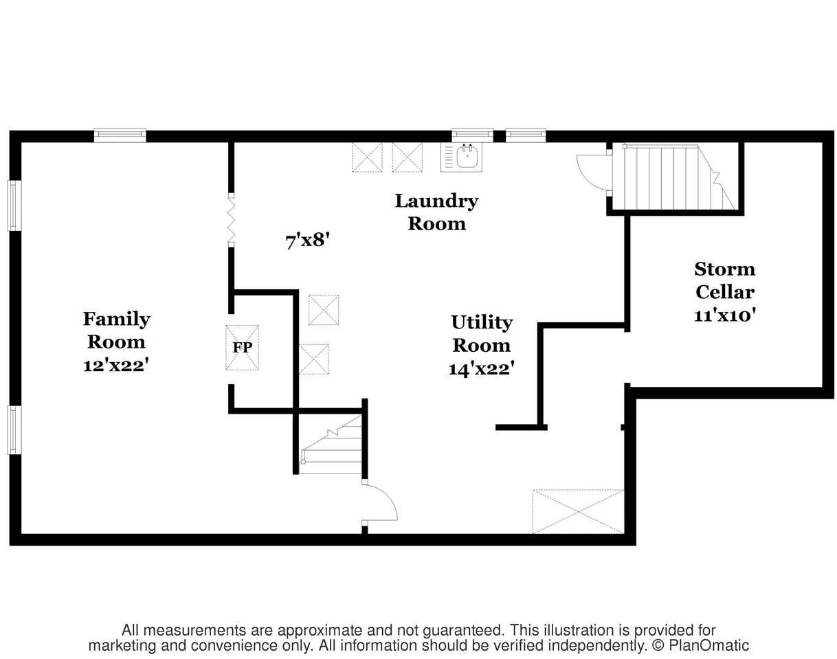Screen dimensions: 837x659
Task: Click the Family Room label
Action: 116,331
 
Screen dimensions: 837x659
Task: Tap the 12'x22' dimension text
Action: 116,366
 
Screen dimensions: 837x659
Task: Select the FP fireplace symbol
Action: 242,348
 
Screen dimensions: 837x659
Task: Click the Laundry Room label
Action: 436,212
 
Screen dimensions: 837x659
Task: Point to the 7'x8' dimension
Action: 308,241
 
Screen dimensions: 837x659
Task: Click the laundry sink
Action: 461,157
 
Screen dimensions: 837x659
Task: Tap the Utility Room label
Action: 482,334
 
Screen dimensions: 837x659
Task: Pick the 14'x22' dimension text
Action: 482,368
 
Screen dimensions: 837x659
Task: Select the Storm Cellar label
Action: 725,280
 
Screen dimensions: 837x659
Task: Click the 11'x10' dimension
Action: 725,315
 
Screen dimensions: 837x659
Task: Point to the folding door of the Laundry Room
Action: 231,220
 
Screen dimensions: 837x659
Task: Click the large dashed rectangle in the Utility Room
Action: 579,511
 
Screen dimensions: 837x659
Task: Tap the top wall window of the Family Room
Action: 120,135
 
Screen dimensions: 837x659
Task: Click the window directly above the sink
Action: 472,135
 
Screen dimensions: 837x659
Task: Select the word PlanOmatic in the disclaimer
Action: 708,645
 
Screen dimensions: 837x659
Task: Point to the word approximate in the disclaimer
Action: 321,630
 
